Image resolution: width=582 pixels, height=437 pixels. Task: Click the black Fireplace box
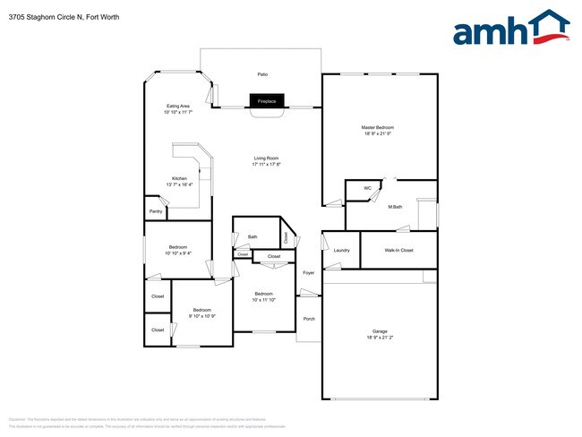267,102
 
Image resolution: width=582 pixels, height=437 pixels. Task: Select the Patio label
262,74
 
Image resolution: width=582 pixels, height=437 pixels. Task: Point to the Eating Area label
177,106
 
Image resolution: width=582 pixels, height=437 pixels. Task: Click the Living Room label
266,159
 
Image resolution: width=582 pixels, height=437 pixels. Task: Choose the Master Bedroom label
378,127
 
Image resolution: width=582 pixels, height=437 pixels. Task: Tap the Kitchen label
179,179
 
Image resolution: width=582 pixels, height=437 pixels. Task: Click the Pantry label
156,211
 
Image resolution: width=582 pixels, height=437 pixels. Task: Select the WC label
367,188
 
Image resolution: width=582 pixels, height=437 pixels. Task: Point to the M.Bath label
395,207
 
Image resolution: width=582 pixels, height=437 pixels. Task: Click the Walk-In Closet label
398,250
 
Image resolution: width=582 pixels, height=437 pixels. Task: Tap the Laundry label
341,250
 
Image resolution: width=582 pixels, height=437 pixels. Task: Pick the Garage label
380,330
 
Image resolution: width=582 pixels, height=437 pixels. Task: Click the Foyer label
308,272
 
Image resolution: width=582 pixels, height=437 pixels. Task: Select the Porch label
309,319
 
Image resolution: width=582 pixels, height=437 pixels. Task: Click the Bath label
252,236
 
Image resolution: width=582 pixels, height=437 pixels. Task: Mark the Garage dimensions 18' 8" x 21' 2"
380,338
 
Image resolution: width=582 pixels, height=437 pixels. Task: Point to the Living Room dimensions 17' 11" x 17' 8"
266,165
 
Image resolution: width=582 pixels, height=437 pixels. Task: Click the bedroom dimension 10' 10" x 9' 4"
177,253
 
